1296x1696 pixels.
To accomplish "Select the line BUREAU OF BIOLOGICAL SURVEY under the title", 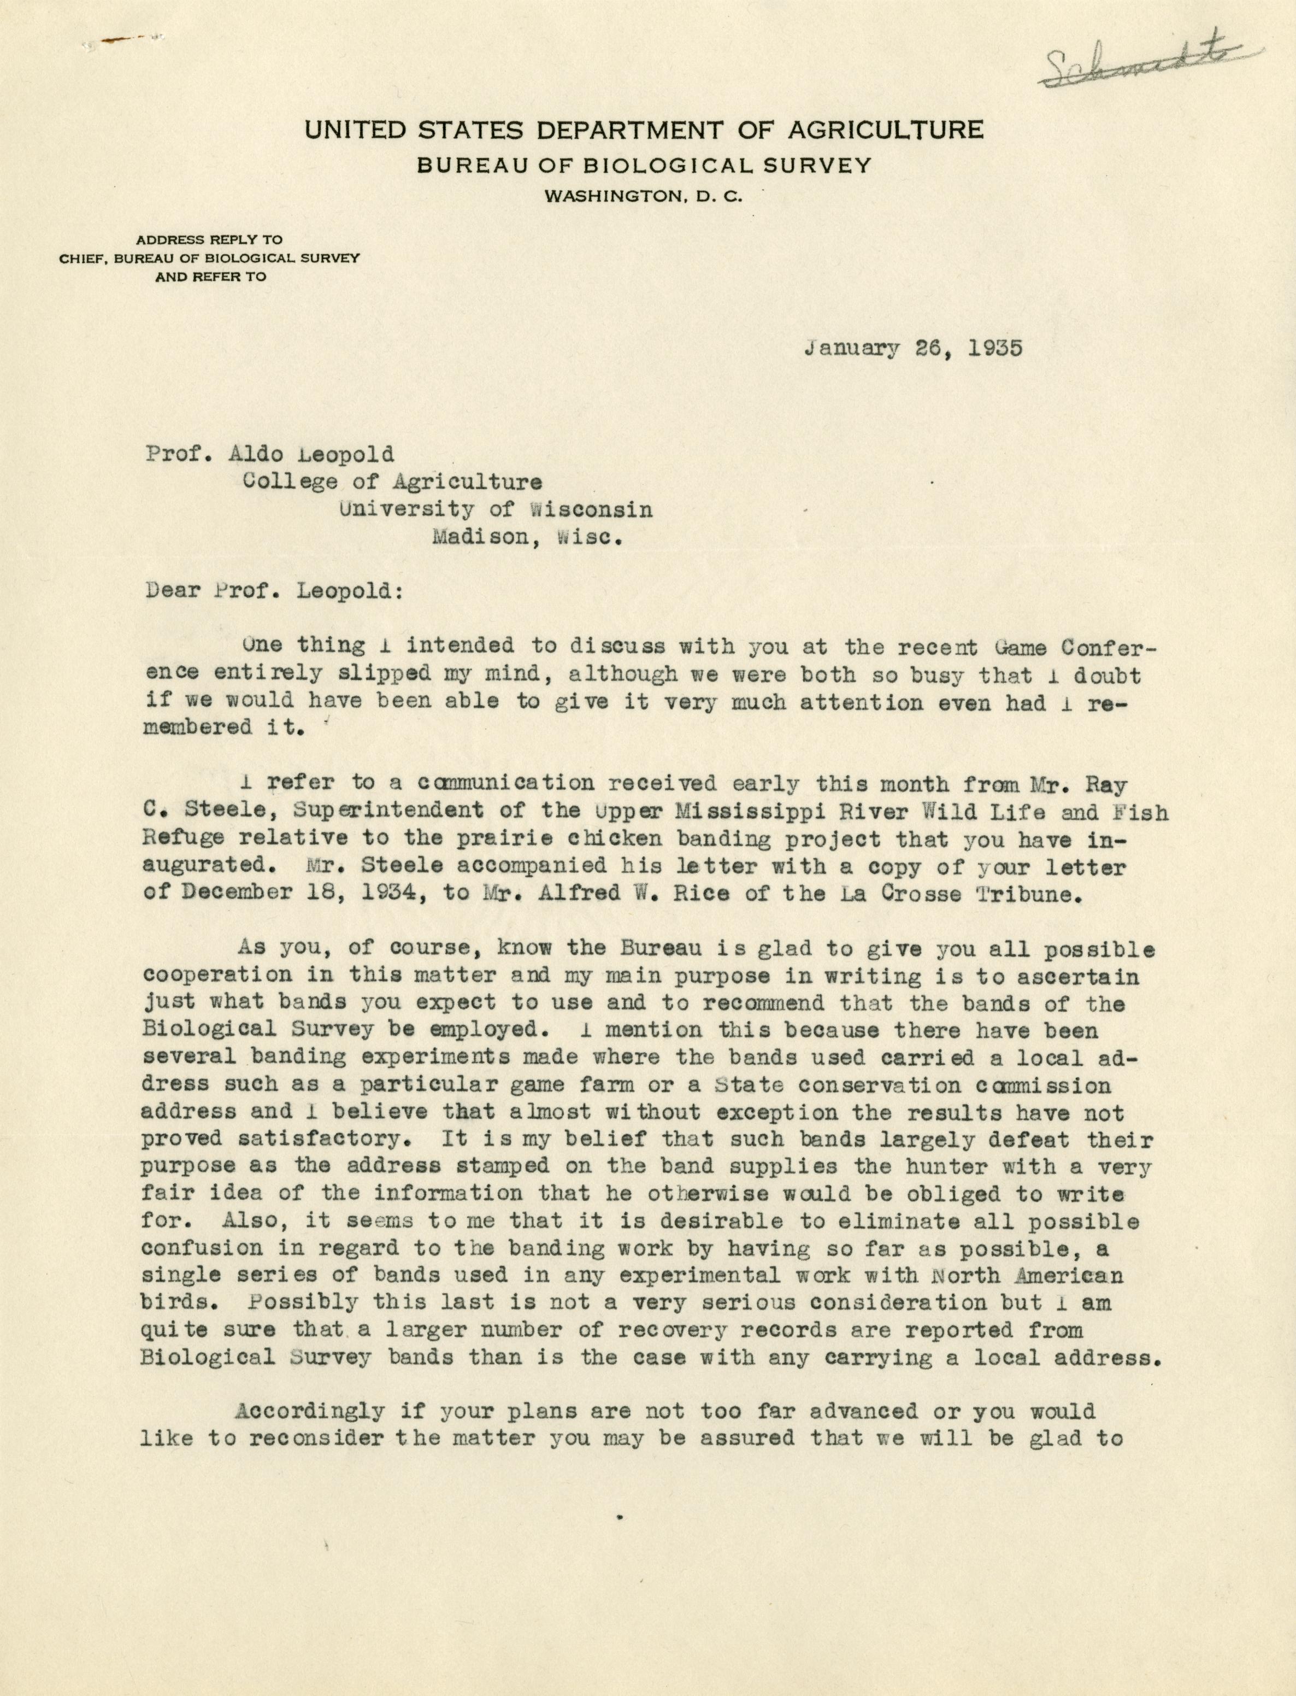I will pos(644,165).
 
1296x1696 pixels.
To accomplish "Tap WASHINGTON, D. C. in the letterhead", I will pos(644,197).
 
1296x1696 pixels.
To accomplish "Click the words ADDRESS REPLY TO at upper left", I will pos(210,239).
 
